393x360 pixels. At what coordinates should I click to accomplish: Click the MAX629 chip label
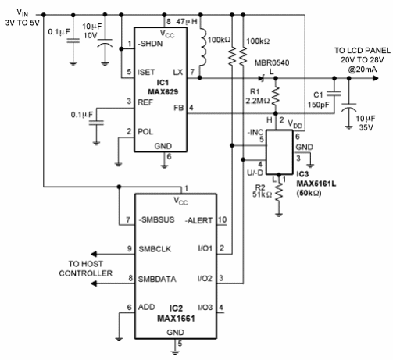pos(163,92)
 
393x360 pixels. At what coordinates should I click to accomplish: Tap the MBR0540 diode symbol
pos(262,78)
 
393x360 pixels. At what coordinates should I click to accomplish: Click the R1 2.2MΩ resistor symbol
pos(276,96)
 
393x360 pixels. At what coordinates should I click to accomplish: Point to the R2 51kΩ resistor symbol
pos(279,191)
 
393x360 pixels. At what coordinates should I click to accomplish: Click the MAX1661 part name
pos(176,319)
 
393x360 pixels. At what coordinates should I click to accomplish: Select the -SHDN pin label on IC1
pos(150,44)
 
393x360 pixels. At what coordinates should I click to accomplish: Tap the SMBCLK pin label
pos(155,249)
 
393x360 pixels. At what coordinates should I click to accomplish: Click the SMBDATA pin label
pos(157,279)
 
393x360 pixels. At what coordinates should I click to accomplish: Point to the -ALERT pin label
pos(198,220)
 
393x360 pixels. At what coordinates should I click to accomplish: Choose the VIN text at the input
pos(23,12)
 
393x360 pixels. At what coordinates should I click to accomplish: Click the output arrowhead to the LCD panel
pos(375,78)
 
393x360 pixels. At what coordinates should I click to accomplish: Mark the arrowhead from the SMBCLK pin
pos(94,254)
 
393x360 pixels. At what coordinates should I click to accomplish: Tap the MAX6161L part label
pos(316,184)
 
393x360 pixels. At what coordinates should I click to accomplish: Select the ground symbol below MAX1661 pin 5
pos(175,352)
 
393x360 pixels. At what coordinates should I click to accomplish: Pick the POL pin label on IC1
pos(145,132)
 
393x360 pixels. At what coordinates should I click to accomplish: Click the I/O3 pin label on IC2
pos(205,308)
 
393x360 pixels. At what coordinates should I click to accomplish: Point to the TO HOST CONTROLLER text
pos(86,269)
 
